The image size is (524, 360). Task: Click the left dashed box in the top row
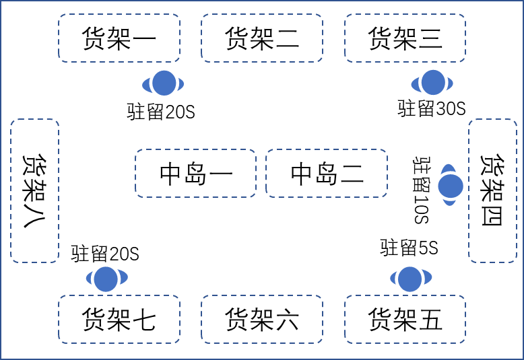(119, 38)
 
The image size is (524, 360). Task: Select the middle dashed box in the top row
(262, 38)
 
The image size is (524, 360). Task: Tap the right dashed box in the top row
(405, 38)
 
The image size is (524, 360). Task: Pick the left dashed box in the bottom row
(119, 319)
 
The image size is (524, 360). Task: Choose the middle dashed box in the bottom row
(262, 319)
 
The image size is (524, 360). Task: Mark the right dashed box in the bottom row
(405, 319)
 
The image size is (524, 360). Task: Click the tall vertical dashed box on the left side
(35, 190)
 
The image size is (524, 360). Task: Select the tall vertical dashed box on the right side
(492, 190)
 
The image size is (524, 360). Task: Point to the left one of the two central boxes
(195, 173)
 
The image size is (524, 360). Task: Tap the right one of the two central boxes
(327, 173)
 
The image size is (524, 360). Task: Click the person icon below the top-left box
(164, 83)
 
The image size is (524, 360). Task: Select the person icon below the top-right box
(432, 83)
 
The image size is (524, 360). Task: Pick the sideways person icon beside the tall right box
(450, 186)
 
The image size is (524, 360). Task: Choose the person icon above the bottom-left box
(106, 279)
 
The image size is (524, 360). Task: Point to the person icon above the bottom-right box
(410, 279)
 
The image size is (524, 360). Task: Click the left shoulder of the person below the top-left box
(145, 85)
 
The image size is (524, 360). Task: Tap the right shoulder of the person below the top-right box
(450, 83)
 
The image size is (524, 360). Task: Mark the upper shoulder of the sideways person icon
(449, 168)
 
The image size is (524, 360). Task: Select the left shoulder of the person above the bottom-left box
(89, 277)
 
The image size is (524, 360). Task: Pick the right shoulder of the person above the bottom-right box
(428, 277)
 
